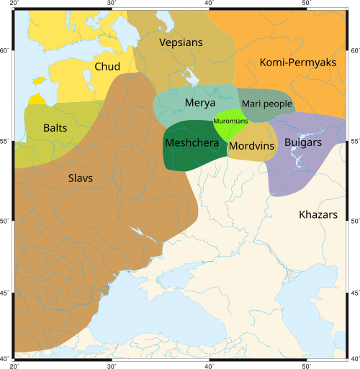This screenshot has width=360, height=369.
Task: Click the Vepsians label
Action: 181,42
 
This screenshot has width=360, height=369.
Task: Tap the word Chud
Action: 107,67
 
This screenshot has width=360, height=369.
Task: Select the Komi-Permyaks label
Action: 297,63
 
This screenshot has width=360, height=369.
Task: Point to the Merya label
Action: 200,104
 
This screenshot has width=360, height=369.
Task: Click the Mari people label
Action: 267,104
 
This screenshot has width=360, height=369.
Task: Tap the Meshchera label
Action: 192,142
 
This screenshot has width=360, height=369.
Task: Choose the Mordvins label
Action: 252,146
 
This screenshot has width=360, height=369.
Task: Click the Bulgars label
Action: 302,142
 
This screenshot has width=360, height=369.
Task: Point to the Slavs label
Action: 80,178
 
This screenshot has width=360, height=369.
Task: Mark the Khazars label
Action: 318,214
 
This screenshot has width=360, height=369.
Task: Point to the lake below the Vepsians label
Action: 190,76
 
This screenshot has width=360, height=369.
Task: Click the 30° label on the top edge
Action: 112,4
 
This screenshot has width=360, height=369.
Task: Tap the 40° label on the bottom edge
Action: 209,365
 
